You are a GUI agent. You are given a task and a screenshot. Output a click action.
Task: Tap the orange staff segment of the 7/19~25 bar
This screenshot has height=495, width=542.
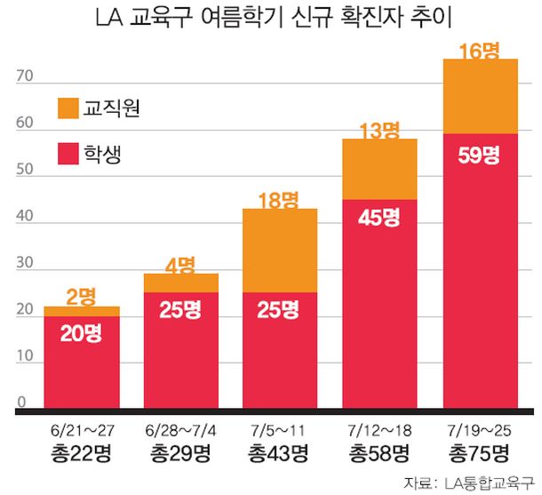[481, 96]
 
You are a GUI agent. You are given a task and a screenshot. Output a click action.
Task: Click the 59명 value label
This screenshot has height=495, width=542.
[481, 154]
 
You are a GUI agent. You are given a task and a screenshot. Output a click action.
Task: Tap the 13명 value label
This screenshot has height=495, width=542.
[381, 132]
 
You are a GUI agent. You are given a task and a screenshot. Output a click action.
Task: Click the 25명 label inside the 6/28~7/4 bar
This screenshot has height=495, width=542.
[181, 310]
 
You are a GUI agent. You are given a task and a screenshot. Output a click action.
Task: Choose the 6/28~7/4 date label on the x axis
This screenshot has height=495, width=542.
[181, 430]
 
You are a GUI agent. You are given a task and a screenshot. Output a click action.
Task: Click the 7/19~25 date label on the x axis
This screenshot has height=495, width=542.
[481, 430]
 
